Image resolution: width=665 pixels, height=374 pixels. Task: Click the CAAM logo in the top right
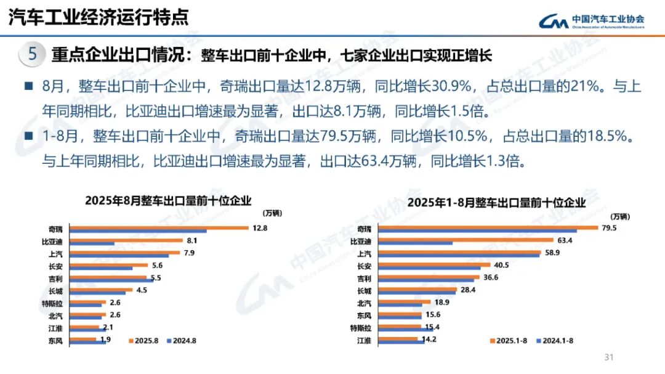pos(591,21)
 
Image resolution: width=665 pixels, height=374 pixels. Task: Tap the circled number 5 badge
pos(33,54)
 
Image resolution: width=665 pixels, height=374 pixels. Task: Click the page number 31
pos(610,357)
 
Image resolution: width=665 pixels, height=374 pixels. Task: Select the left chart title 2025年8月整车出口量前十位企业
pos(168,200)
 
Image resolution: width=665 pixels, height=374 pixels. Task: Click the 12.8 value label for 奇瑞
pos(259,228)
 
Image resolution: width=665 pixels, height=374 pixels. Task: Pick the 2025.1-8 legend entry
pos(509,340)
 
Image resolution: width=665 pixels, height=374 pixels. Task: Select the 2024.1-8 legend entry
pos(556,340)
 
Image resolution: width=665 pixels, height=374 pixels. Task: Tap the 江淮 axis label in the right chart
pos(365,340)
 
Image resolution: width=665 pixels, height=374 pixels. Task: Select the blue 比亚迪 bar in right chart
pos(416,243)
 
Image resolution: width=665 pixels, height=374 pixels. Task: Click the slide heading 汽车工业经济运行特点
pos(99,17)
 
